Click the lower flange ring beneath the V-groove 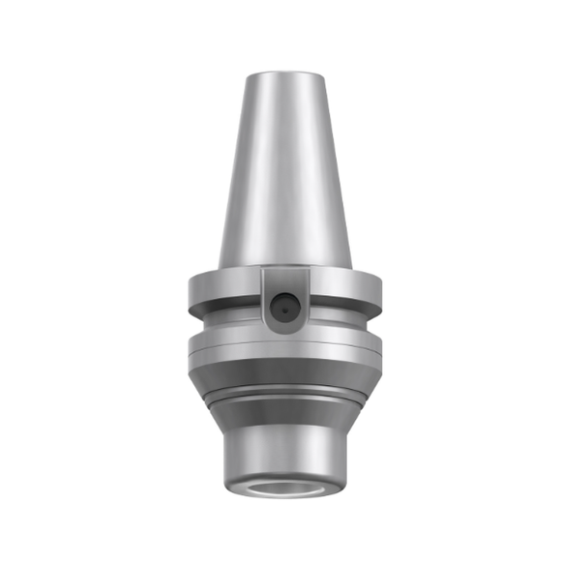280,344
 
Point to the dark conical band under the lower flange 280,373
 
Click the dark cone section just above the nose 280,411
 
